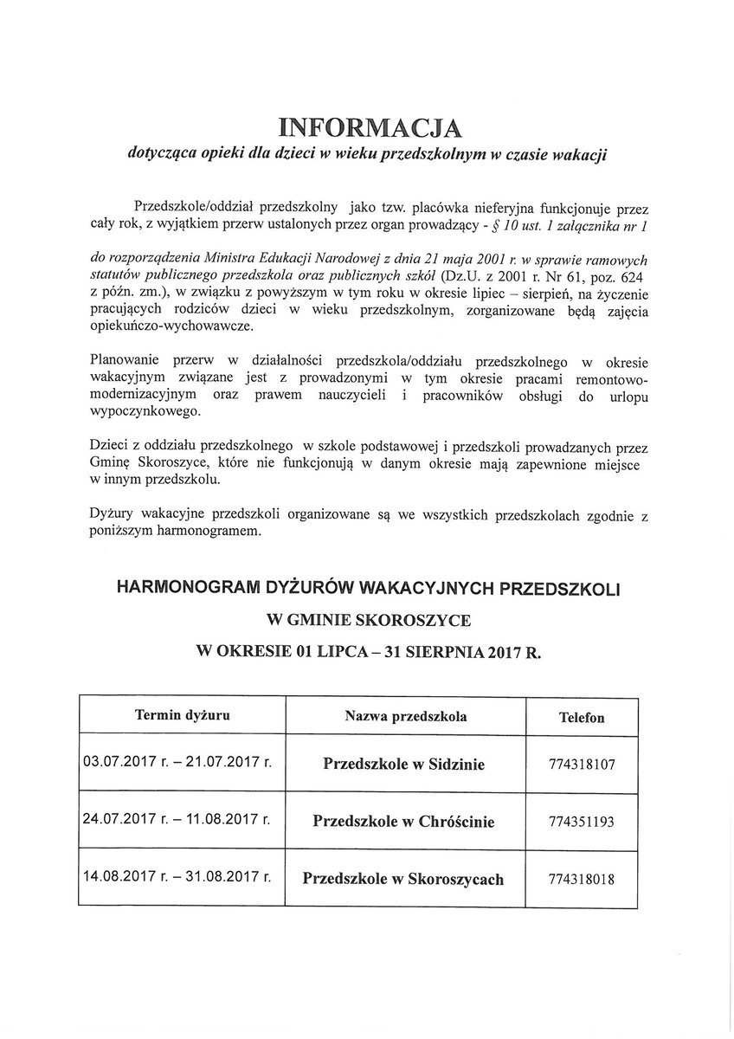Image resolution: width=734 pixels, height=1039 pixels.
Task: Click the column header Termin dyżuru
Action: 183,715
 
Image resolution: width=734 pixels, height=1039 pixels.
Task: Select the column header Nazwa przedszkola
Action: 406,716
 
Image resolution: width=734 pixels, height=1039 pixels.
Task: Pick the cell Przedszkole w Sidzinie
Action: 403,764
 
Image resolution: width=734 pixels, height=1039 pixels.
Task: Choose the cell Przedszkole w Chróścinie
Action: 403,820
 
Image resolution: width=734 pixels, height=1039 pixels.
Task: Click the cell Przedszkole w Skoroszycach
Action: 403,878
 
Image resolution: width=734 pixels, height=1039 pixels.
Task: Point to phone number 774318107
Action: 581,765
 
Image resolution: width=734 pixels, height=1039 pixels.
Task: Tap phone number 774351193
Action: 581,821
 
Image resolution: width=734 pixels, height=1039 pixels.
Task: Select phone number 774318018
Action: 581,878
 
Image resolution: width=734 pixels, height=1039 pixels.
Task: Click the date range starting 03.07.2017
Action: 177,764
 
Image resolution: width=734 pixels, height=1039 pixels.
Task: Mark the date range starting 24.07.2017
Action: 177,819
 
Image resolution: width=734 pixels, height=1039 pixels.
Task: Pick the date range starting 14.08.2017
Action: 177,876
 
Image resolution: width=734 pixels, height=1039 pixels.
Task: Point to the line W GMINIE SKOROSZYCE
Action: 368,620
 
